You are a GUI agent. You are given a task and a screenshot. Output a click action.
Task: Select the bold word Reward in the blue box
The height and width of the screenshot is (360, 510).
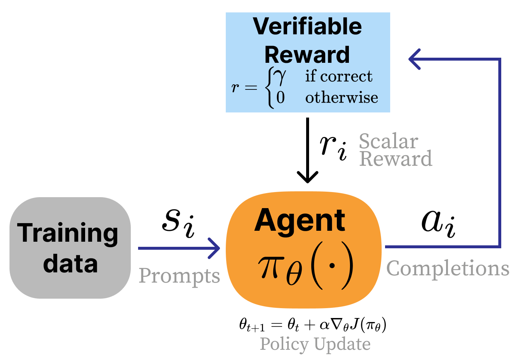[x=307, y=55]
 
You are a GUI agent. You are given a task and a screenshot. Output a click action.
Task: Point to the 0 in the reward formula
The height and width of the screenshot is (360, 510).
[x=280, y=97]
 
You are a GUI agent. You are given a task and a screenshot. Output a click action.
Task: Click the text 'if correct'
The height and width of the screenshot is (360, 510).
[x=339, y=76]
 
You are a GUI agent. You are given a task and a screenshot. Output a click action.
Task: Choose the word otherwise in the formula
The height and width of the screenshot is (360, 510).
[x=342, y=97]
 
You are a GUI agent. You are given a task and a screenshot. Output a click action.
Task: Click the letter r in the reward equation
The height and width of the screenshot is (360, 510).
[x=235, y=88]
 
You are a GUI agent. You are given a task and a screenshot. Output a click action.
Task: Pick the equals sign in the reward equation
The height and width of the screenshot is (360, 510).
[x=251, y=88]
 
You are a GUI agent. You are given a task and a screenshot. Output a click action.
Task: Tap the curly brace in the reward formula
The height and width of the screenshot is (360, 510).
[x=270, y=88]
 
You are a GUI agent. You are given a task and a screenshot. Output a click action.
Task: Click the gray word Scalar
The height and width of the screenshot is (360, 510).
[x=388, y=141]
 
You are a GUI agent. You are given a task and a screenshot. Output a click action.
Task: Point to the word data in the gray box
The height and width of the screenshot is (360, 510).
[x=70, y=264]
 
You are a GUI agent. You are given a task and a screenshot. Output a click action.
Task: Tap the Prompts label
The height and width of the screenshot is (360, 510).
[x=179, y=276]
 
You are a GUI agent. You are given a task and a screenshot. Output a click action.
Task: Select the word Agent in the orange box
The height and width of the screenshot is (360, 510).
[x=300, y=221]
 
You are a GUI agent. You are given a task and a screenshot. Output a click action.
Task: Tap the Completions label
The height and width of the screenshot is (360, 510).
[x=448, y=269]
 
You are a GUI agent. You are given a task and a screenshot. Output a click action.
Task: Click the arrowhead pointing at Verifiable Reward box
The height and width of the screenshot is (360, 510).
[x=414, y=59]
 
